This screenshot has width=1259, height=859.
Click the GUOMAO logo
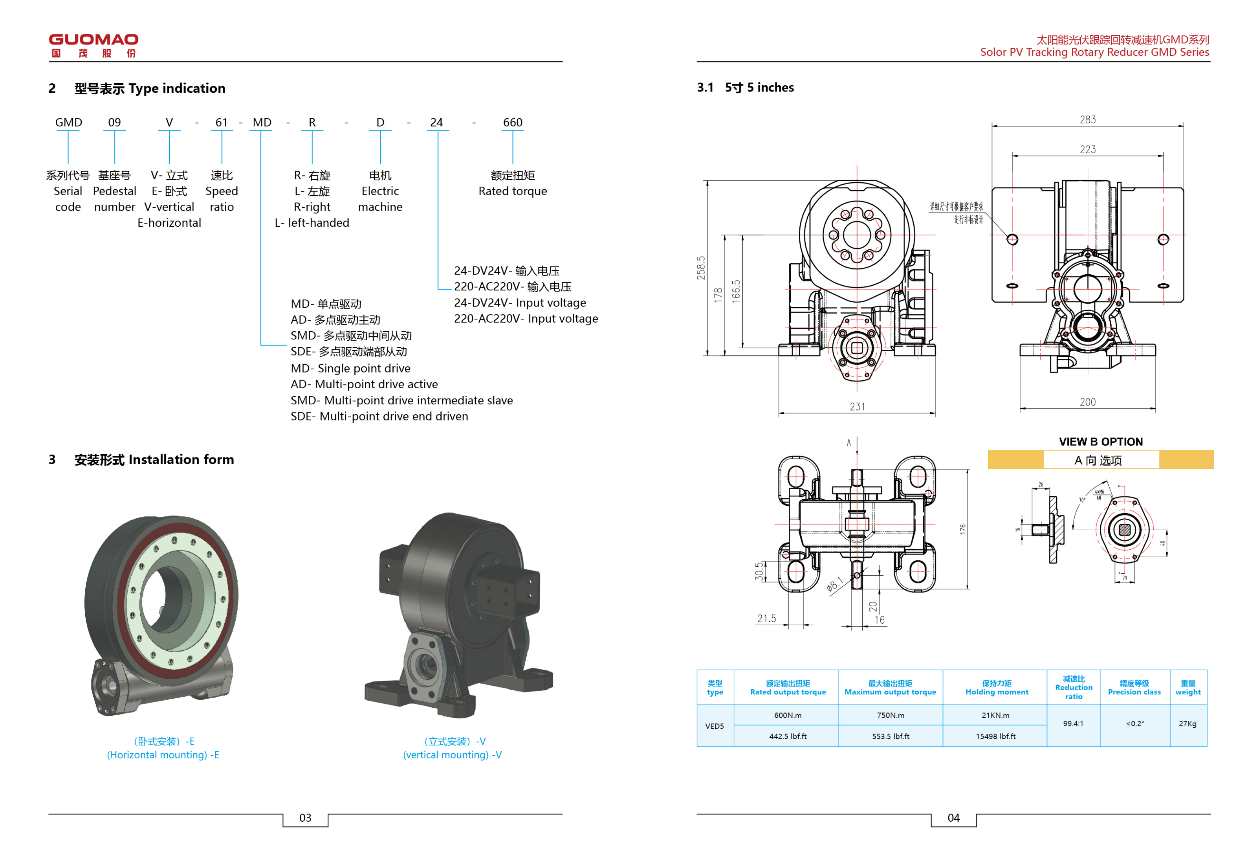(93, 45)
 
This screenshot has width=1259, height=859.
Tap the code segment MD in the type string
(262, 123)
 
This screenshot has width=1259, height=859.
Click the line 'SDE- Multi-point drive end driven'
(379, 416)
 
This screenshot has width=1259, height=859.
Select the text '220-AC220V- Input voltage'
(526, 319)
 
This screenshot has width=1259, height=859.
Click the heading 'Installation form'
(181, 460)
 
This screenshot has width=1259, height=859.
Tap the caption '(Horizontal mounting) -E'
(163, 754)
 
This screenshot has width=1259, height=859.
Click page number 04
(953, 818)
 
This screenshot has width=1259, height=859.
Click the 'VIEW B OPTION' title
(1100, 442)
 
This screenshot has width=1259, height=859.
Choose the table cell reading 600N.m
(787, 716)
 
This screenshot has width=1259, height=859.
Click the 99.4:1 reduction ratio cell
(1073, 723)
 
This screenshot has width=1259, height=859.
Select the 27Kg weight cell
(1187, 723)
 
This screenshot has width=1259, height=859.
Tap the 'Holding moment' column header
(996, 688)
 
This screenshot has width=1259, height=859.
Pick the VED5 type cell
(714, 726)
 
